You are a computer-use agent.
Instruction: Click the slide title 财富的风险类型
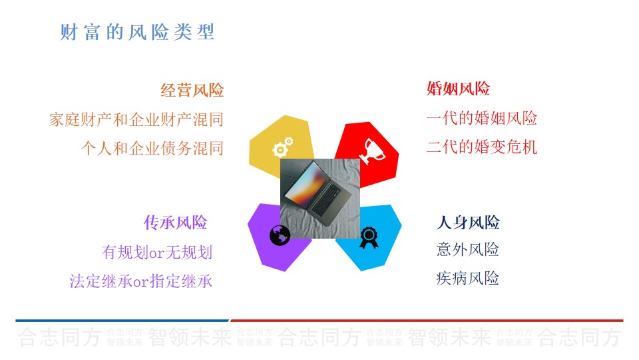(x=137, y=32)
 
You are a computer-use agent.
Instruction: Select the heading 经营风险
(x=192, y=90)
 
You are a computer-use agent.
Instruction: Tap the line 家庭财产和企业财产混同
(x=136, y=119)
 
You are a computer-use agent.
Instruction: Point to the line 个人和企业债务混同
(x=152, y=148)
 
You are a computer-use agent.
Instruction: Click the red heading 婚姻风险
(x=458, y=89)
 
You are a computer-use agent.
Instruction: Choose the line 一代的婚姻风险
(x=482, y=118)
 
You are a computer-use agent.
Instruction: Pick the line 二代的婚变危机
(x=482, y=147)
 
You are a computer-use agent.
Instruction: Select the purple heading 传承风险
(x=175, y=223)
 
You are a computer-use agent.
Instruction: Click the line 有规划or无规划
(x=157, y=252)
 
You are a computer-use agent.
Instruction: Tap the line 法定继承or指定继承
(x=141, y=281)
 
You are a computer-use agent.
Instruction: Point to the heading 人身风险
(x=468, y=223)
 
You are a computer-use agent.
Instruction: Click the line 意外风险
(x=468, y=249)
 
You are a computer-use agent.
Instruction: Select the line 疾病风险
(x=468, y=279)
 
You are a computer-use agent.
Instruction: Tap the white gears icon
(x=282, y=147)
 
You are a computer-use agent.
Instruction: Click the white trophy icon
(x=371, y=151)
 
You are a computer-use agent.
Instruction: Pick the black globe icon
(x=280, y=235)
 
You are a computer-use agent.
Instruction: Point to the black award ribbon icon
(x=369, y=237)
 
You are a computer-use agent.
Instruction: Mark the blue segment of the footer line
(x=122, y=321)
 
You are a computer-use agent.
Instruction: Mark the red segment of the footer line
(x=427, y=321)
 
